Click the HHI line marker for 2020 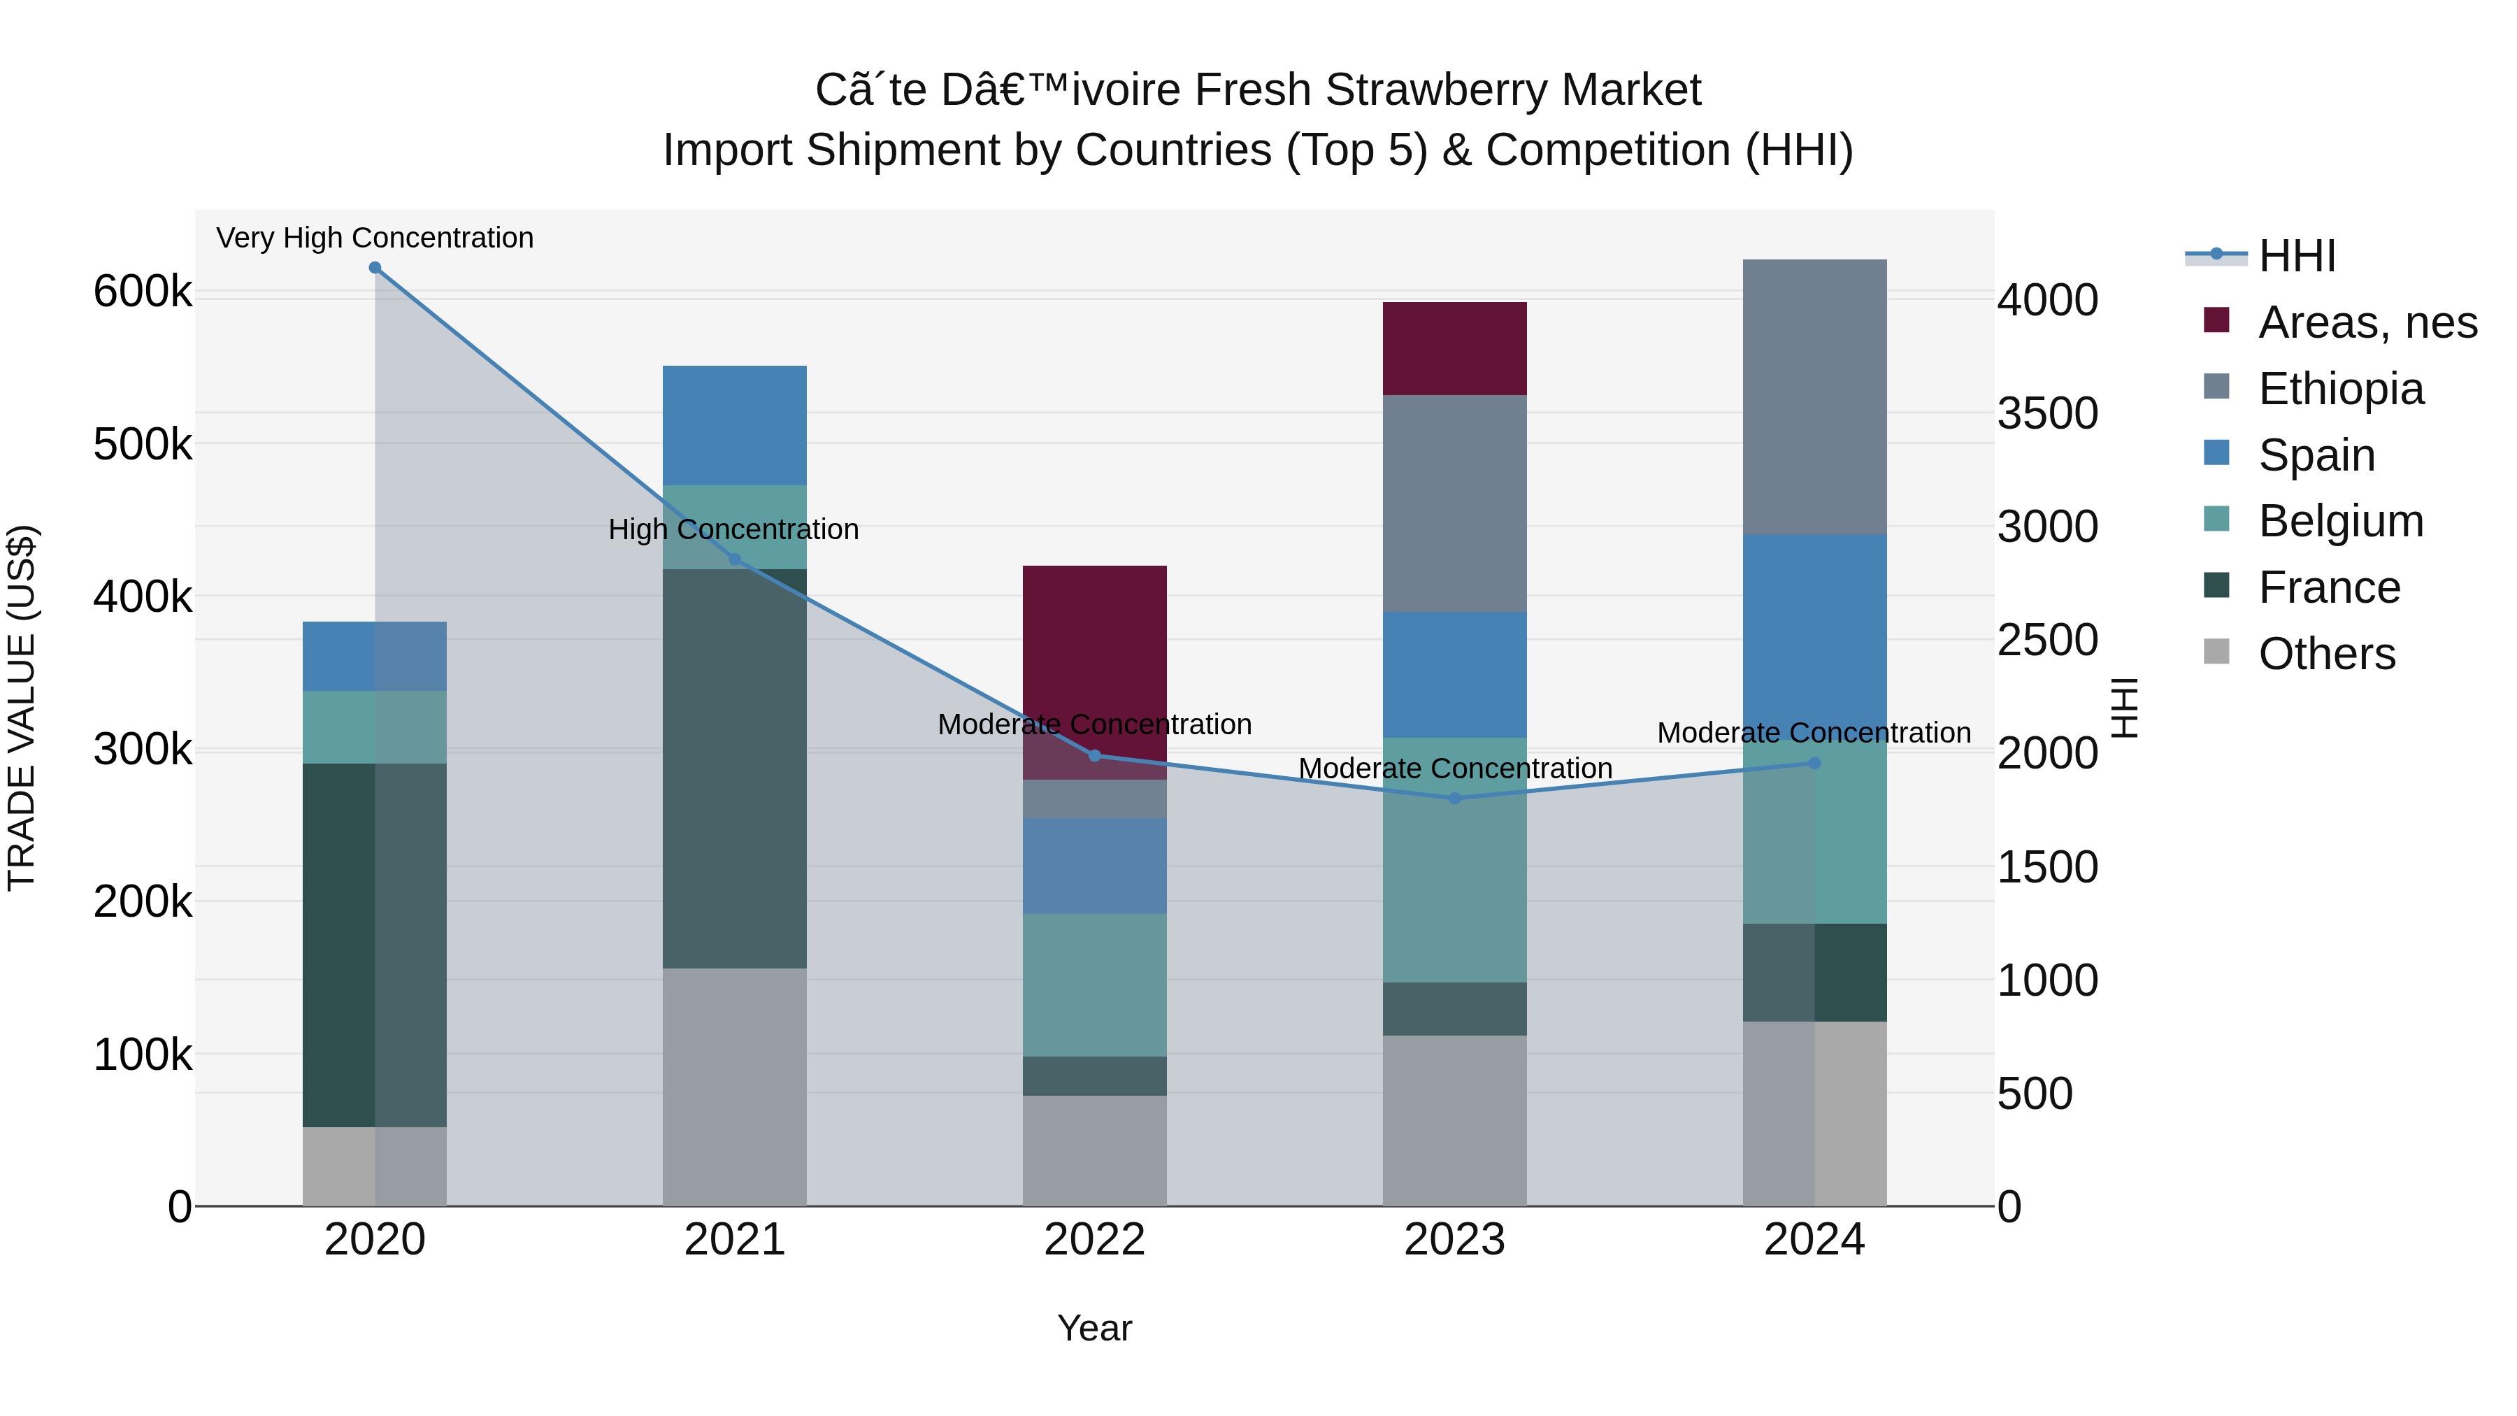point(375,268)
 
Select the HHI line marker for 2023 point(1454,799)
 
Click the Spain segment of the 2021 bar point(735,425)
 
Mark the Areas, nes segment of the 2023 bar point(1454,348)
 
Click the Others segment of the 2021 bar point(735,1086)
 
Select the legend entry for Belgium point(2340,521)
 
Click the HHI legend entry point(2296,256)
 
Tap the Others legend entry point(2325,654)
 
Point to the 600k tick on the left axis point(143,291)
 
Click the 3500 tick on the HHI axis point(2047,413)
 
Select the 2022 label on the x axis point(1094,1240)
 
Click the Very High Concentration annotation point(375,238)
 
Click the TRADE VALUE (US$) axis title point(22,708)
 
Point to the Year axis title point(1094,1328)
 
